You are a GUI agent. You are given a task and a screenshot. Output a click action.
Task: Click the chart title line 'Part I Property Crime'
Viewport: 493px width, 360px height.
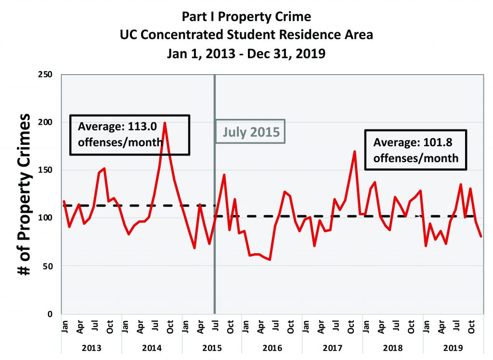(x=246, y=17)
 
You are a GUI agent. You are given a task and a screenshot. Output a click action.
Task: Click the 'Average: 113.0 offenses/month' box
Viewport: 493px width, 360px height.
(x=130, y=135)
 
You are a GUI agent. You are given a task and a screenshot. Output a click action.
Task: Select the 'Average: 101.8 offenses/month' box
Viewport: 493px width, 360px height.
(x=415, y=150)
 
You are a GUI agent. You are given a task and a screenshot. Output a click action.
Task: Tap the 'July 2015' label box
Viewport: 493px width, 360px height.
(x=250, y=131)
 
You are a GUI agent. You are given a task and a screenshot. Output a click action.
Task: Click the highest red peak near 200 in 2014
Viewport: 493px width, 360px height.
(x=165, y=123)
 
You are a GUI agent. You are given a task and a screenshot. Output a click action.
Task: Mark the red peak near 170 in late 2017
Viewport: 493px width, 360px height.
(x=355, y=152)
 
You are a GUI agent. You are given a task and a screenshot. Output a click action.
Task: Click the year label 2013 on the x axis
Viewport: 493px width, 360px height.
(x=92, y=346)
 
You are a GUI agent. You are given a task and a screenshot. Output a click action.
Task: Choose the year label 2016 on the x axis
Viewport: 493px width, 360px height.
(x=272, y=346)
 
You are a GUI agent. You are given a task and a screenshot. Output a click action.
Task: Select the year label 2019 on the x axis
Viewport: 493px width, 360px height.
(x=452, y=346)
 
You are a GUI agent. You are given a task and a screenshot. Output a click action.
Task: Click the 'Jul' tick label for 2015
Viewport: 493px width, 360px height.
(x=215, y=327)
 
